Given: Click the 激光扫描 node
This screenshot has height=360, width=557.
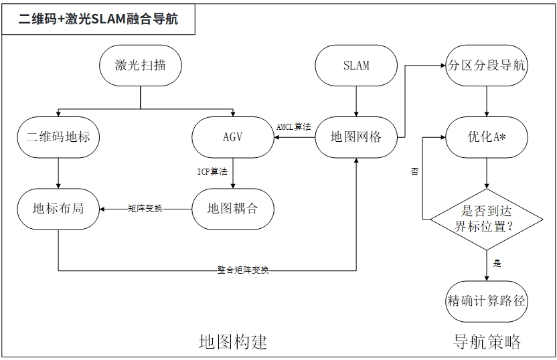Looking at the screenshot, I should click(x=140, y=66).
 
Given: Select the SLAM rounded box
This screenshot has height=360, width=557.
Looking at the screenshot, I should click(x=355, y=66).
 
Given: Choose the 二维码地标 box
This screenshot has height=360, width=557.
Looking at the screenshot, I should click(x=58, y=137).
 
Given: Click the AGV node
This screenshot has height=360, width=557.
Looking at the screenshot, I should click(x=232, y=137).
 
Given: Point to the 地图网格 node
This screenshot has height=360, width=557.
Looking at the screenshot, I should click(x=355, y=137).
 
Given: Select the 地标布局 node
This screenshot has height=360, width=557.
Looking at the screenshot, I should click(x=58, y=208).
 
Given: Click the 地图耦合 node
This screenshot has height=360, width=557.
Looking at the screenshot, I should click(x=232, y=208).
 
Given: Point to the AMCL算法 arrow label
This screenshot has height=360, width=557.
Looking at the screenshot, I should click(x=294, y=126).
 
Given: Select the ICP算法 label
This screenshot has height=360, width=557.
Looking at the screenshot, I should click(x=212, y=171).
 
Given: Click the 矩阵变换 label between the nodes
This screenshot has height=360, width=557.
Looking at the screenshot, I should click(x=145, y=209).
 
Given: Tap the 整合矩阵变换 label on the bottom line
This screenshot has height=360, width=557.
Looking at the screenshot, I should click(x=243, y=270).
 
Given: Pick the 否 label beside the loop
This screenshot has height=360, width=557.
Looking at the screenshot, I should click(x=415, y=172).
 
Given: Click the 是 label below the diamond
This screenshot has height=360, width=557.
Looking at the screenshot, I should click(x=497, y=264).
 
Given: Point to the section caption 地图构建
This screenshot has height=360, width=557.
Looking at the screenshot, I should click(x=233, y=342).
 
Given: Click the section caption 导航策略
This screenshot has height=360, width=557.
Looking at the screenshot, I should click(x=487, y=342).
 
